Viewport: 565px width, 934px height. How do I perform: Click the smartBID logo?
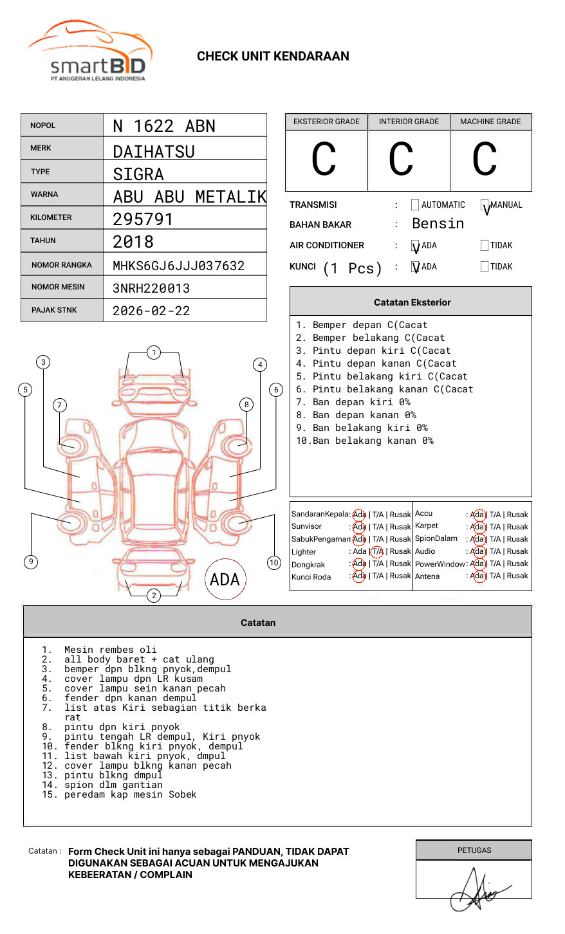[90, 51]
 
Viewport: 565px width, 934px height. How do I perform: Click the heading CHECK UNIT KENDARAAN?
[273, 57]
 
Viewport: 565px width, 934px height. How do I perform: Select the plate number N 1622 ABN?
[164, 126]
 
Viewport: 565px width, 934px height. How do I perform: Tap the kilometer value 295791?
[143, 219]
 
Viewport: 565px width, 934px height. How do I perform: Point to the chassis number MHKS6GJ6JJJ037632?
[179, 266]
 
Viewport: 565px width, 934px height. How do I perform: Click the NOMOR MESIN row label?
[58, 287]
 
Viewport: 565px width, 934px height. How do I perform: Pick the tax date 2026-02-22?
[151, 311]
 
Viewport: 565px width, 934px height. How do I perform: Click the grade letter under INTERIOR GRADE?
[401, 160]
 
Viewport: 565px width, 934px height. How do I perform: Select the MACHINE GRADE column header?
[490, 122]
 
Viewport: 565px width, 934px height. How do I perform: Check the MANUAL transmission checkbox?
[485, 205]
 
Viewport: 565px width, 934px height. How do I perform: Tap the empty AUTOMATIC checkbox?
[415, 205]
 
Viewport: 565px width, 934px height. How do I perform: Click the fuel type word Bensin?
[438, 224]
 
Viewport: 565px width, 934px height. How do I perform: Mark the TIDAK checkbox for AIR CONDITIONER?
[485, 246]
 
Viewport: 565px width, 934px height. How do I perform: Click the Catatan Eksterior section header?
[412, 302]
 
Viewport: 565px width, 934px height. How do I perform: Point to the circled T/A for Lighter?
[377, 551]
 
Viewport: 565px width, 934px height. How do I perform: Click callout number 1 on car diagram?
[153, 353]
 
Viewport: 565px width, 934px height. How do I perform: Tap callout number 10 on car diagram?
[274, 563]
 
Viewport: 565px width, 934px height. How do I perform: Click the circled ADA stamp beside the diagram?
[225, 580]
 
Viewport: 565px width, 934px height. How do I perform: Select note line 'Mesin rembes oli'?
[110, 650]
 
